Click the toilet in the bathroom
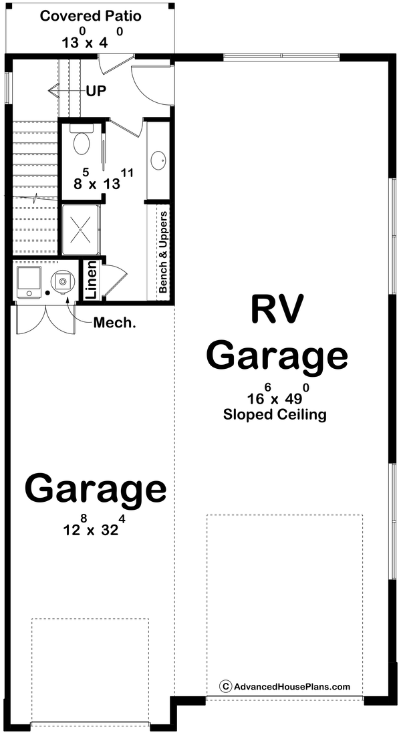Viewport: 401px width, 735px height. coord(82,142)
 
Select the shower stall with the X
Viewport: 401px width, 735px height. coord(81,229)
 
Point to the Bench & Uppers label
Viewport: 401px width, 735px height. coord(162,253)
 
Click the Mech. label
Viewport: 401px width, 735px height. coord(114,323)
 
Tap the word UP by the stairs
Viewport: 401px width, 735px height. coord(96,91)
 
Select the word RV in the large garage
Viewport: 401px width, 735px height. coord(277,310)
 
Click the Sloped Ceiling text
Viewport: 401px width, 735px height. coord(275,414)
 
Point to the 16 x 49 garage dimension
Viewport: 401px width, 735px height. coord(274,396)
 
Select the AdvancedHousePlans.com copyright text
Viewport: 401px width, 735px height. coord(285,686)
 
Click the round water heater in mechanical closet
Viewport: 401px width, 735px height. coord(62,282)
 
